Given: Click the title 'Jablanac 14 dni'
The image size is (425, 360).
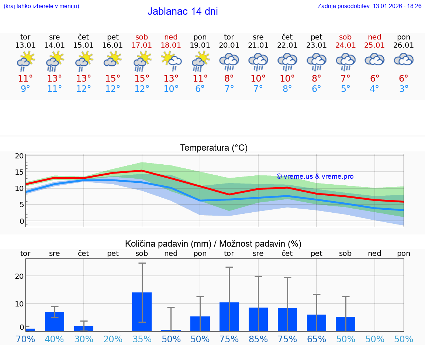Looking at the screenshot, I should tap(183, 11).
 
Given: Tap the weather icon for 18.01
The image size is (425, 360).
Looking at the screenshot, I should tap(171, 61).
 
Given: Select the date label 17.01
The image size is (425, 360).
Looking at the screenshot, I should tap(142, 45).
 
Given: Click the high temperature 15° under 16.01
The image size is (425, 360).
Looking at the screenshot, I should tap(113, 79).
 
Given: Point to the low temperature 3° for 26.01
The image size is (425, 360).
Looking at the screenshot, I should tap(404, 89).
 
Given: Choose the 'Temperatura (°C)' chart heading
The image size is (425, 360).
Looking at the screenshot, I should tap(214, 148).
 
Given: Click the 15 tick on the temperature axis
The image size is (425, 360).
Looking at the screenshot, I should tap(20, 172).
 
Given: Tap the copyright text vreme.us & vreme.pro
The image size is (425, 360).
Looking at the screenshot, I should tap(315, 176).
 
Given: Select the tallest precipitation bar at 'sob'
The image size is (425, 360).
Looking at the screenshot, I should tap(142, 312).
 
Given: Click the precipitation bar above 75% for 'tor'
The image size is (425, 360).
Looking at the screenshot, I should tap(229, 316).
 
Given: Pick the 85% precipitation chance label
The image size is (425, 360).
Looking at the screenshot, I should tap(258, 339).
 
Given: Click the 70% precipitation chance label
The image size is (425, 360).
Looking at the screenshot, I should tap(25, 339).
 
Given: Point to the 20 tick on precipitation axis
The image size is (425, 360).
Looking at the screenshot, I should tap(20, 276).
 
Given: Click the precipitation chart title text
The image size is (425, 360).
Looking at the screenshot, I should tap(213, 244).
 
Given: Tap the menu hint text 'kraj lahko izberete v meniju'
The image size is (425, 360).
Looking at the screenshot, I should tap(41, 6).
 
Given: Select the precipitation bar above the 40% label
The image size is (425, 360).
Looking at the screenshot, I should tap(55, 321).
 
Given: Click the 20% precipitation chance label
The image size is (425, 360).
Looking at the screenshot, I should tap(113, 339).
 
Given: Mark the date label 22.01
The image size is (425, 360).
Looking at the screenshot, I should tap(287, 45).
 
